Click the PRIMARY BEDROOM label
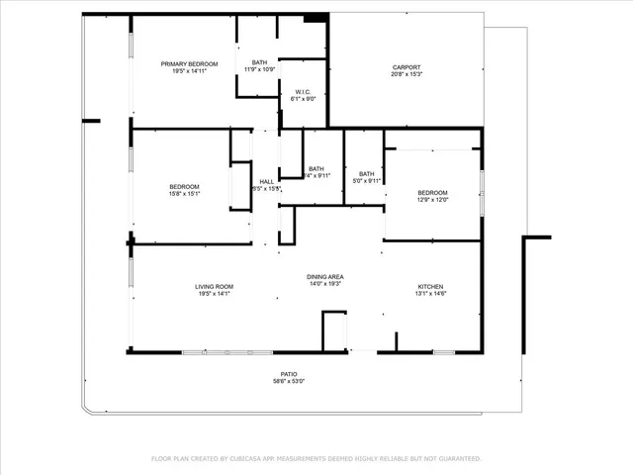tap(189, 64)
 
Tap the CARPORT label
tap(406, 67)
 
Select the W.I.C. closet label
tap(302, 92)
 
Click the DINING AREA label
tap(325, 277)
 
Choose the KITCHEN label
tap(431, 287)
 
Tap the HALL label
tap(267, 181)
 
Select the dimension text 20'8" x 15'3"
tap(406, 74)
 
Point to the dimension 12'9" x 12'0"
tap(432, 199)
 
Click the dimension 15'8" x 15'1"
tap(184, 193)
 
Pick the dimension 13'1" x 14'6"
tap(431, 294)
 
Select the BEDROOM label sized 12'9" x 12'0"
tap(432, 192)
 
